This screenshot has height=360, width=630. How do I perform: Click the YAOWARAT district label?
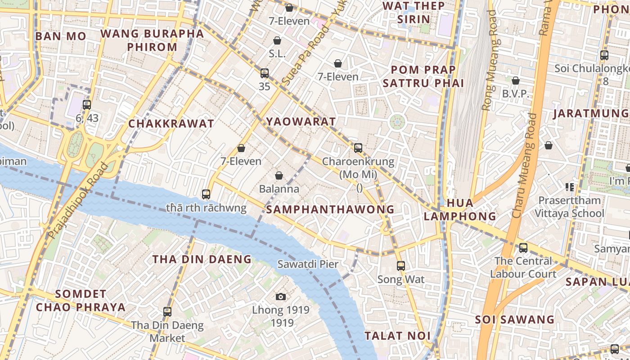301,121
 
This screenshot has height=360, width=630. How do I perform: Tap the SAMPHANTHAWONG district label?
330,209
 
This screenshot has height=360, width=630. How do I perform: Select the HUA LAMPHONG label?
459,210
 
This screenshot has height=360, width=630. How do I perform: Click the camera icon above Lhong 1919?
281,297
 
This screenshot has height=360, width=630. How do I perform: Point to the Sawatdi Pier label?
307,264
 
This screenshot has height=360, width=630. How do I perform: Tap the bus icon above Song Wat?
401,266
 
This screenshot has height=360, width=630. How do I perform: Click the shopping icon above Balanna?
279,175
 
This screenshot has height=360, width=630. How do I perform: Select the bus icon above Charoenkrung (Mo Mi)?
358,148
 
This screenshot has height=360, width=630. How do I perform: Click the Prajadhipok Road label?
78,201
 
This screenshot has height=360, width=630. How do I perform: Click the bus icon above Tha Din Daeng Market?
167,311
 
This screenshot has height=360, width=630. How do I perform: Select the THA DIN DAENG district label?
202,259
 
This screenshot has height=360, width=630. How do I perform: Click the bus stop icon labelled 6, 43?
87,105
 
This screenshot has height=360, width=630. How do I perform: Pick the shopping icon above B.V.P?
516,81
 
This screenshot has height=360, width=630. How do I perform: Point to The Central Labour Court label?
523,267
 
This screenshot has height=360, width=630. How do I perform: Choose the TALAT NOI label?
397,336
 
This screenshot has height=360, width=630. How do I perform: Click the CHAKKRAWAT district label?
171,124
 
